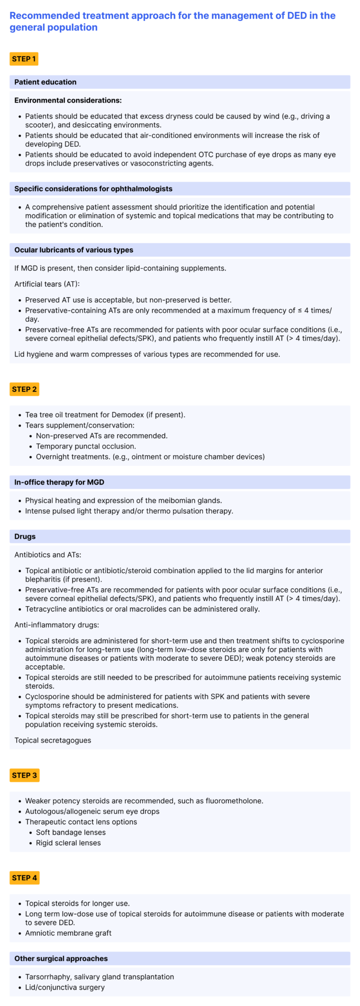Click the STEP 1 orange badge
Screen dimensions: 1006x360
point(24,59)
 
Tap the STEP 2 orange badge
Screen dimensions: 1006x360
point(24,389)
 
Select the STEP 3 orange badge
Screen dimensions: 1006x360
point(24,775)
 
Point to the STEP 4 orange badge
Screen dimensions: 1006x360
point(24,878)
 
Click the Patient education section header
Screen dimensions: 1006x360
point(45,82)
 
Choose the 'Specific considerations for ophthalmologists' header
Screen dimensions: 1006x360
point(93,189)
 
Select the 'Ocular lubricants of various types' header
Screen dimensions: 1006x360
point(73,250)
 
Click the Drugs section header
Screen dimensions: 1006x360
point(25,537)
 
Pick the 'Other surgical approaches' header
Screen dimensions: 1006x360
point(61,958)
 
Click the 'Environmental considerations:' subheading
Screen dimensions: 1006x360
point(68,100)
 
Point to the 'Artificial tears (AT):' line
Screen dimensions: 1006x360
point(47,284)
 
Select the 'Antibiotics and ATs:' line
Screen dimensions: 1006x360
point(48,554)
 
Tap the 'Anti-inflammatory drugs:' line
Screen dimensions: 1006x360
point(57,625)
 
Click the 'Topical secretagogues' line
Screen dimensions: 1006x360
point(52,740)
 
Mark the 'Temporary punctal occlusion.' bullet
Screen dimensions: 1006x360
point(85,446)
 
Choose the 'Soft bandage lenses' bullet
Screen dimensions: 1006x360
point(71,832)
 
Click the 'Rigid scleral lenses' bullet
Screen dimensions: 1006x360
point(68,843)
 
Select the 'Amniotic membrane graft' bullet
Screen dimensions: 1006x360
point(68,933)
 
